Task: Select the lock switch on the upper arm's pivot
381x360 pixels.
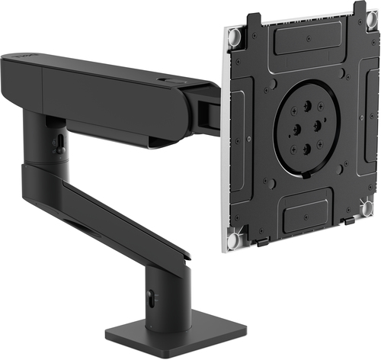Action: click(x=57, y=142)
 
